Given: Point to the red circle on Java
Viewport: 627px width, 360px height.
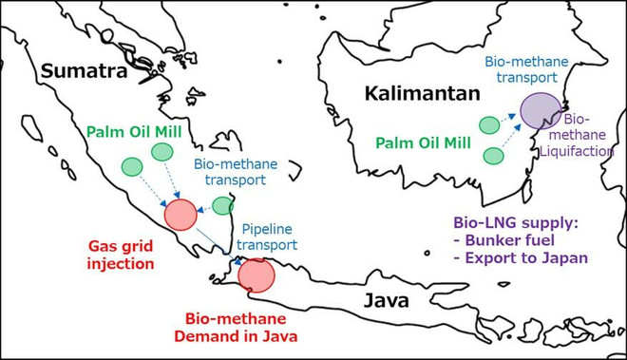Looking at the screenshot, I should pos(256,275).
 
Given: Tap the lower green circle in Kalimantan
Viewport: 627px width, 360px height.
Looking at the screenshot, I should pos(493,155).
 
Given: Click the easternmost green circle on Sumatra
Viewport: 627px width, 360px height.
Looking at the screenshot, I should pos(223,204).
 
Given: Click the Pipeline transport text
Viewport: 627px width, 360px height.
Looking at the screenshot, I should pos(267,237).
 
